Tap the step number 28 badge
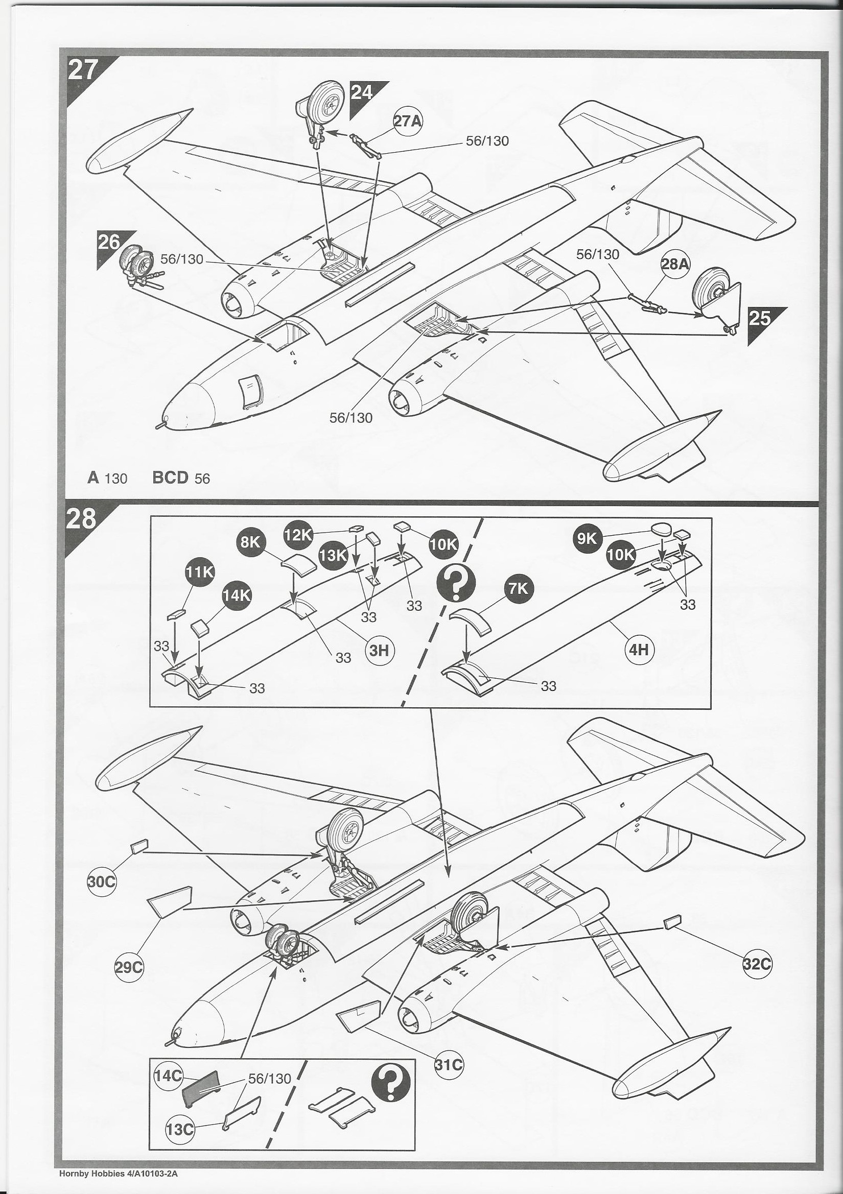[82, 519]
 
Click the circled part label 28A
[674, 264]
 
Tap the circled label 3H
[381, 651]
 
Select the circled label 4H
[639, 650]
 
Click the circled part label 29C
[129, 967]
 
